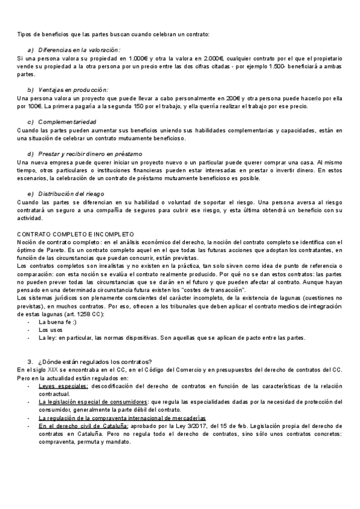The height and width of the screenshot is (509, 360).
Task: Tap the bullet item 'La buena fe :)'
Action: click(58, 322)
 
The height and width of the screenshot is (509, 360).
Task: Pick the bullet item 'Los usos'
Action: click(50, 330)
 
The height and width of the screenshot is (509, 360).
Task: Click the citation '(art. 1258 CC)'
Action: click(85, 314)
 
